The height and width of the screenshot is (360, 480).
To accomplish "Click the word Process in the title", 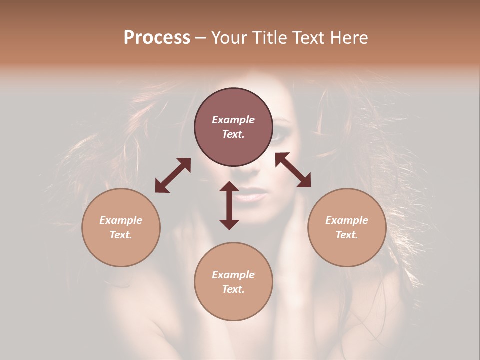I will click(157, 38).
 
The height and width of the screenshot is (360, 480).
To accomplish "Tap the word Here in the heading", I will click(349, 38).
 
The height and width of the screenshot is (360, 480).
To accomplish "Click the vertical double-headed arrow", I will click(229, 205).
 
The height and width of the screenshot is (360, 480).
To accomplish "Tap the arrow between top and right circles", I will click(293, 170).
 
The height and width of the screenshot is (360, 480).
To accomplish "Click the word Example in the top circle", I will click(233, 120).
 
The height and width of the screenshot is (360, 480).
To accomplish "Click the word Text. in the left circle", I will click(121, 235).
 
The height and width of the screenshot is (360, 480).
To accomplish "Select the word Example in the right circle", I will click(347, 220).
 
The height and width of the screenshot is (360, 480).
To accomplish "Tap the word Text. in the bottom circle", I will click(233, 289).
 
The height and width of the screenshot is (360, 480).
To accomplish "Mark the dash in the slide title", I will click(201, 38).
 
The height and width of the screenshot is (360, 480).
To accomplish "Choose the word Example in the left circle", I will click(121, 220).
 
